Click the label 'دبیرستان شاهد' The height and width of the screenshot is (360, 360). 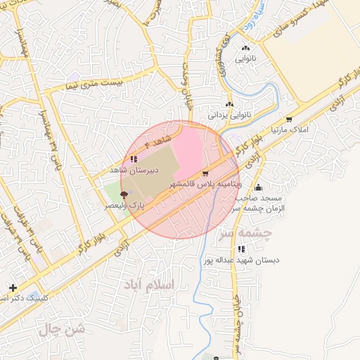pos(134,170)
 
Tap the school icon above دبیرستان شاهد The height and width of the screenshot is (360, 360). pos(134,160)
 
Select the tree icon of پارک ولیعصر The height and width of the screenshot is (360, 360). pos(124,194)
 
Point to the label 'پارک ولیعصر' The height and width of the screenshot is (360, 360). pos(124,205)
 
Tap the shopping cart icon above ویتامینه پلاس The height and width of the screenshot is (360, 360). pos(205,173)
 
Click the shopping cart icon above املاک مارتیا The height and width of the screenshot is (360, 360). pos(288,119)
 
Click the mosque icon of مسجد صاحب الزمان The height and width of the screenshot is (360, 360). pos(259,188)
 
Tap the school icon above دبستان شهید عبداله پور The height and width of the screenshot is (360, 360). pos(242,249)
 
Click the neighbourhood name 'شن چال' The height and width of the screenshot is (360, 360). pos(63,328)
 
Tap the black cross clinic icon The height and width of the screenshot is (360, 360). pos(13,288)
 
